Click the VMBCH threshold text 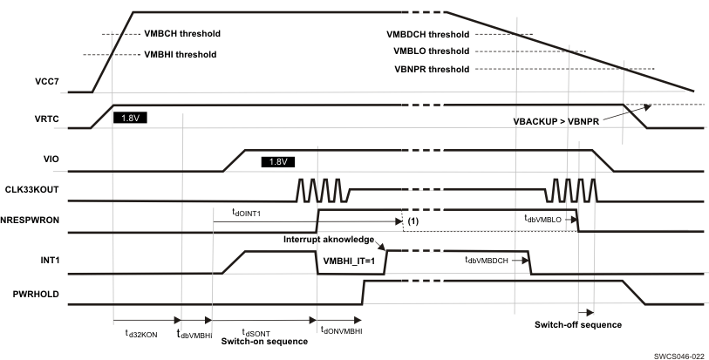181,34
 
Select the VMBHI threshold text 180,54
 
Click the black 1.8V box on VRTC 130,117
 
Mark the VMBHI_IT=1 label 348,260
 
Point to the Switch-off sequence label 578,324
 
